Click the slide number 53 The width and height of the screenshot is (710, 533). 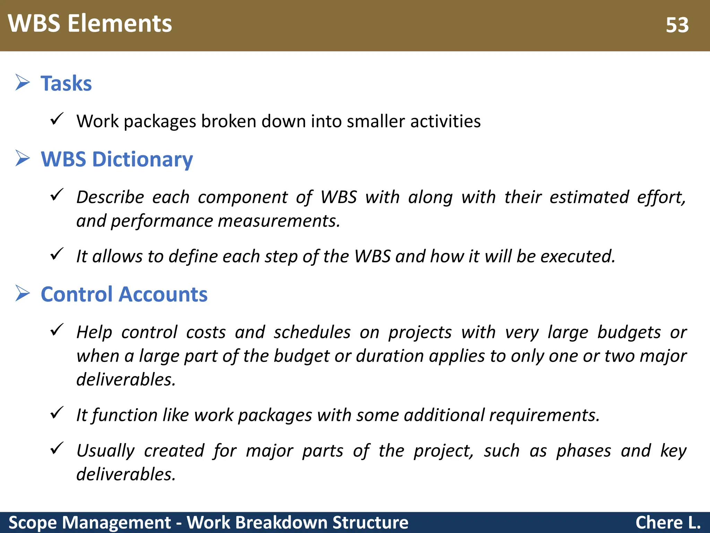click(677, 25)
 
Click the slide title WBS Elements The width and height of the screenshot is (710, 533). click(90, 24)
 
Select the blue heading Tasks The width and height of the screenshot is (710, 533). click(66, 84)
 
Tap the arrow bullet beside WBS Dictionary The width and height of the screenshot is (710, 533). click(23, 159)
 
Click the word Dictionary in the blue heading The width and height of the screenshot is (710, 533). click(142, 160)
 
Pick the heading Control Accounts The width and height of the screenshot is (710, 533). click(124, 295)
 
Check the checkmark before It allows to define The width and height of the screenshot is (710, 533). click(57, 254)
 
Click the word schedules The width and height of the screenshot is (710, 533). click(312, 332)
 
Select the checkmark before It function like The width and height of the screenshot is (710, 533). click(57, 413)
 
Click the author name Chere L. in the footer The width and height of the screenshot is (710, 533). click(668, 523)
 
